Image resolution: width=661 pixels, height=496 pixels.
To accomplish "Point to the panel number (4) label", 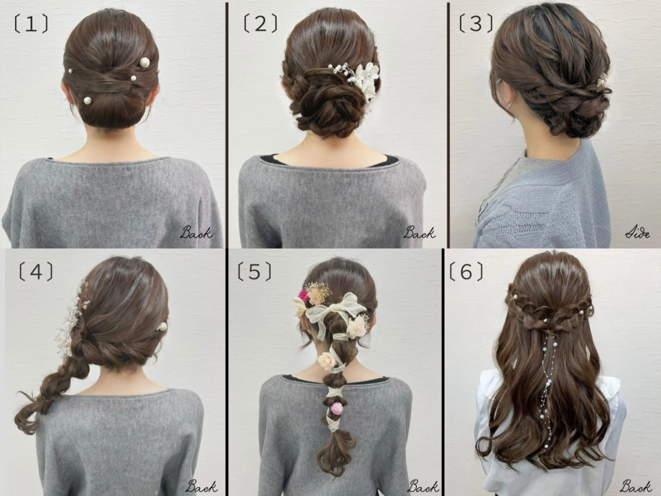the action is coord(36,271).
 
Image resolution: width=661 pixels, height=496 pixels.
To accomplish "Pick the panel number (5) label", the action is coord(254,271).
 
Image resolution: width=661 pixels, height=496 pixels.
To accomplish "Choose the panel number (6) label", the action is coord(466,271).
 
